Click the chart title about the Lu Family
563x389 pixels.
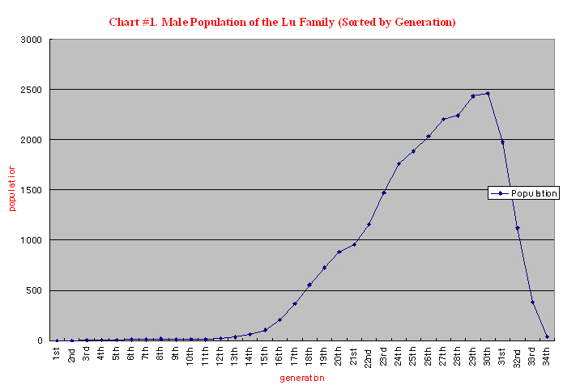click(282, 22)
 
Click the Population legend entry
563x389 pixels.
click(523, 193)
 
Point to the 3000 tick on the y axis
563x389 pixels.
click(32, 40)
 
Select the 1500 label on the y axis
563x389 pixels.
click(32, 190)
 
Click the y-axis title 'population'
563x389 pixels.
click(12, 188)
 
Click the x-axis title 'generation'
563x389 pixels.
click(301, 378)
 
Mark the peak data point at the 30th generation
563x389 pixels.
click(488, 94)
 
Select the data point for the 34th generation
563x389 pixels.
click(547, 336)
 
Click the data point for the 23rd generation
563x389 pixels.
click(383, 192)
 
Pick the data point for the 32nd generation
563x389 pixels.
click(517, 228)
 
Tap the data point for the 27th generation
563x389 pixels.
click(443, 119)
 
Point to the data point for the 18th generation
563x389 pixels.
click(309, 285)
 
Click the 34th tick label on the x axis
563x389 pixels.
click(547, 355)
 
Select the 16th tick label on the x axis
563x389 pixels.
click(279, 355)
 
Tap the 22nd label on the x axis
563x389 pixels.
click(369, 356)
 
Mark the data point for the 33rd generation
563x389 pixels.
click(532, 302)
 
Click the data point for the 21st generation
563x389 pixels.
click(354, 244)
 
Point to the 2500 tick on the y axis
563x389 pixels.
click(32, 90)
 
